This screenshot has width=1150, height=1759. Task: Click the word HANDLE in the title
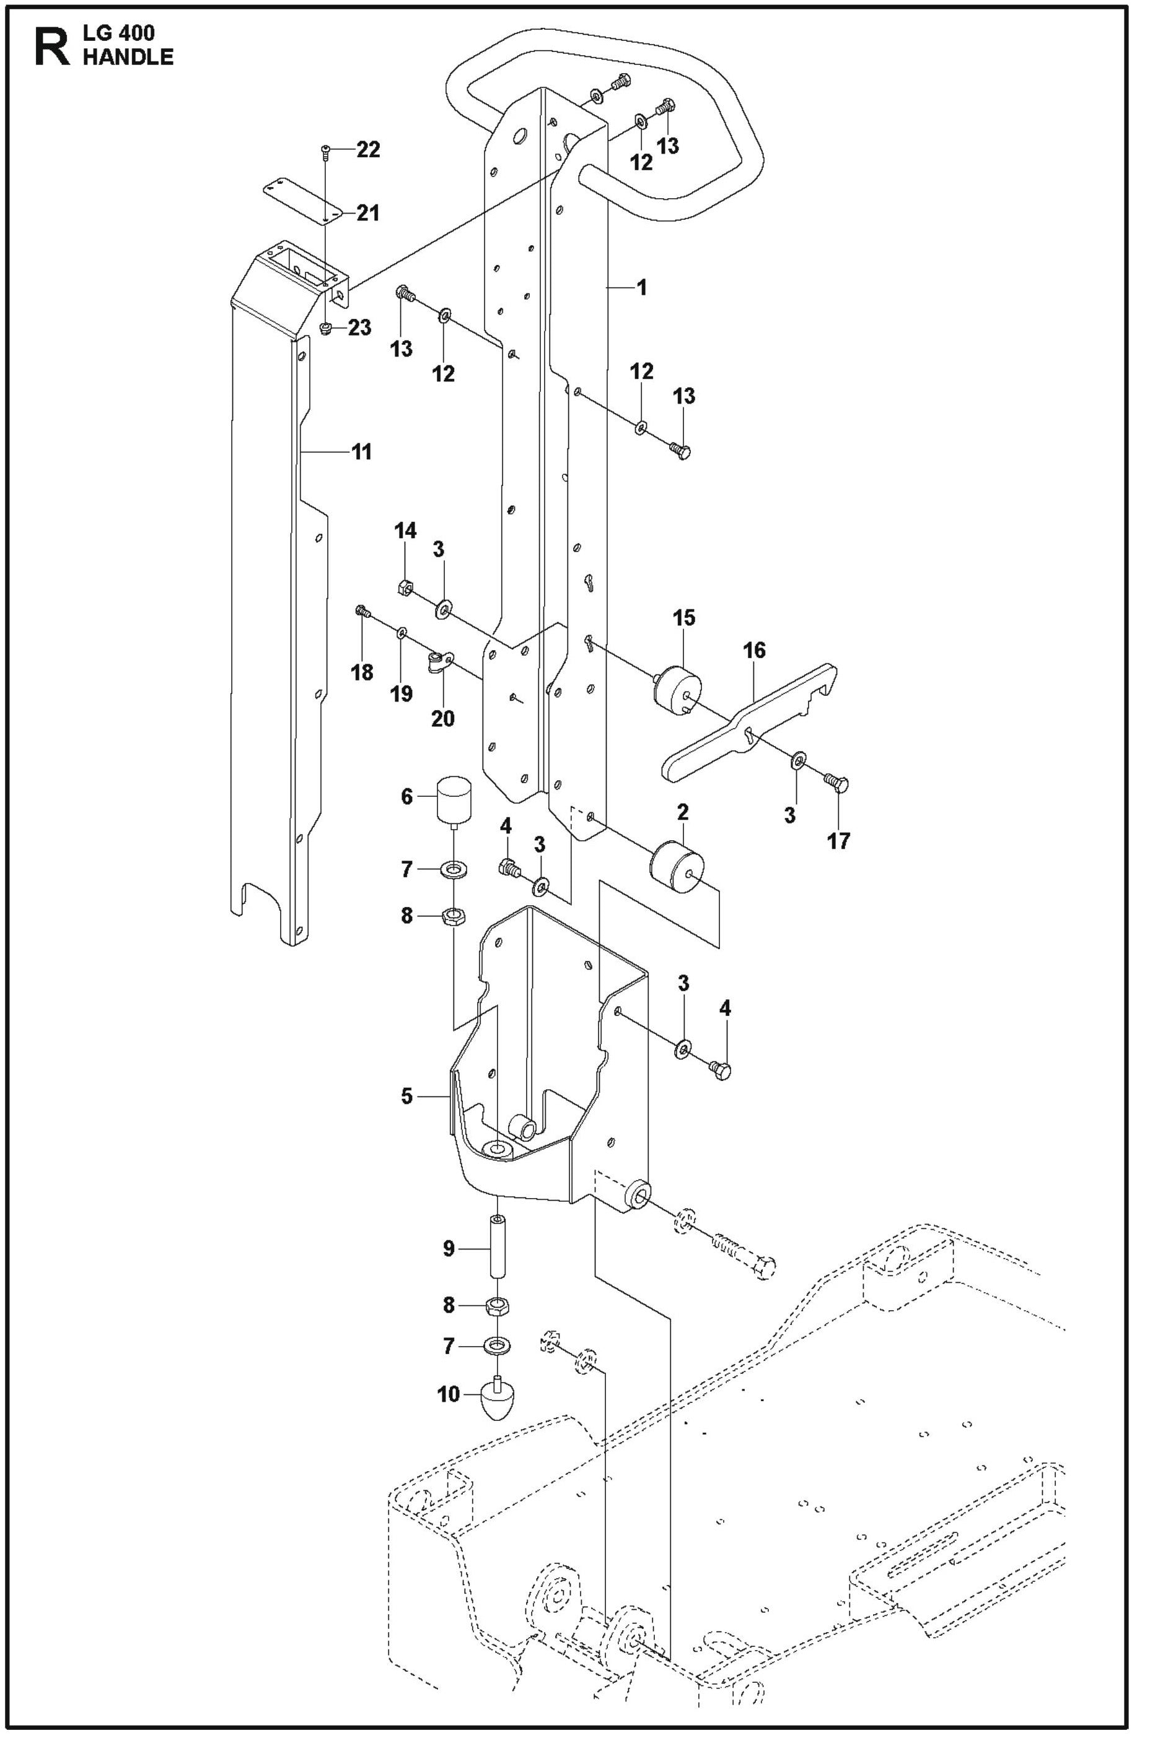click(128, 58)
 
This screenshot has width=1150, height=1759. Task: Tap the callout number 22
click(367, 150)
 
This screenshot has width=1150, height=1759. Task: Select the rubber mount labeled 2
click(677, 866)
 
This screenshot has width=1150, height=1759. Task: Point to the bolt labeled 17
click(837, 783)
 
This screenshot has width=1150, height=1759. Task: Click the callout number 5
click(406, 1096)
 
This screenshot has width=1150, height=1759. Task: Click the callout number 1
click(641, 287)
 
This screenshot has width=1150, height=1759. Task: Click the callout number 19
click(402, 694)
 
